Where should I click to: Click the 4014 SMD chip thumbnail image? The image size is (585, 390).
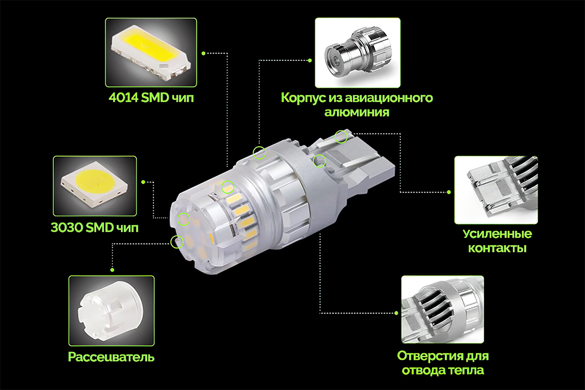151,52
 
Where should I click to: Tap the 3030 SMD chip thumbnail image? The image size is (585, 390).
95,186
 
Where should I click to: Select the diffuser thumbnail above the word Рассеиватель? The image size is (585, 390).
112,311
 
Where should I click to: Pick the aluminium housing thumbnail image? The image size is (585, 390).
357,53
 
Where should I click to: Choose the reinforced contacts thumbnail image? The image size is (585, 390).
496,190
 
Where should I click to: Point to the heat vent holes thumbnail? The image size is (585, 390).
443,309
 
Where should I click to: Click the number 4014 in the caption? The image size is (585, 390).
124,97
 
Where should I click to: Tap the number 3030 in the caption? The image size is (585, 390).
66,228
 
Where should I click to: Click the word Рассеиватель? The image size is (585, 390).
111,357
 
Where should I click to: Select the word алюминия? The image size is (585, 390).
357,112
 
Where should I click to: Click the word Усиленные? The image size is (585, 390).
497,234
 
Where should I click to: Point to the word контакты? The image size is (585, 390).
497,248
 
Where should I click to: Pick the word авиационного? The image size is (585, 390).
389,98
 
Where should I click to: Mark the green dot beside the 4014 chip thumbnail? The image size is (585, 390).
203,53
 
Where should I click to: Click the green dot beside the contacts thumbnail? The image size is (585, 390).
448,192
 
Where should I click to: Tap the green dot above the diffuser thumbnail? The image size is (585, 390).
112,270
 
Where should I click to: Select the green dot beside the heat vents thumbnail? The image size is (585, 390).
396,313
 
